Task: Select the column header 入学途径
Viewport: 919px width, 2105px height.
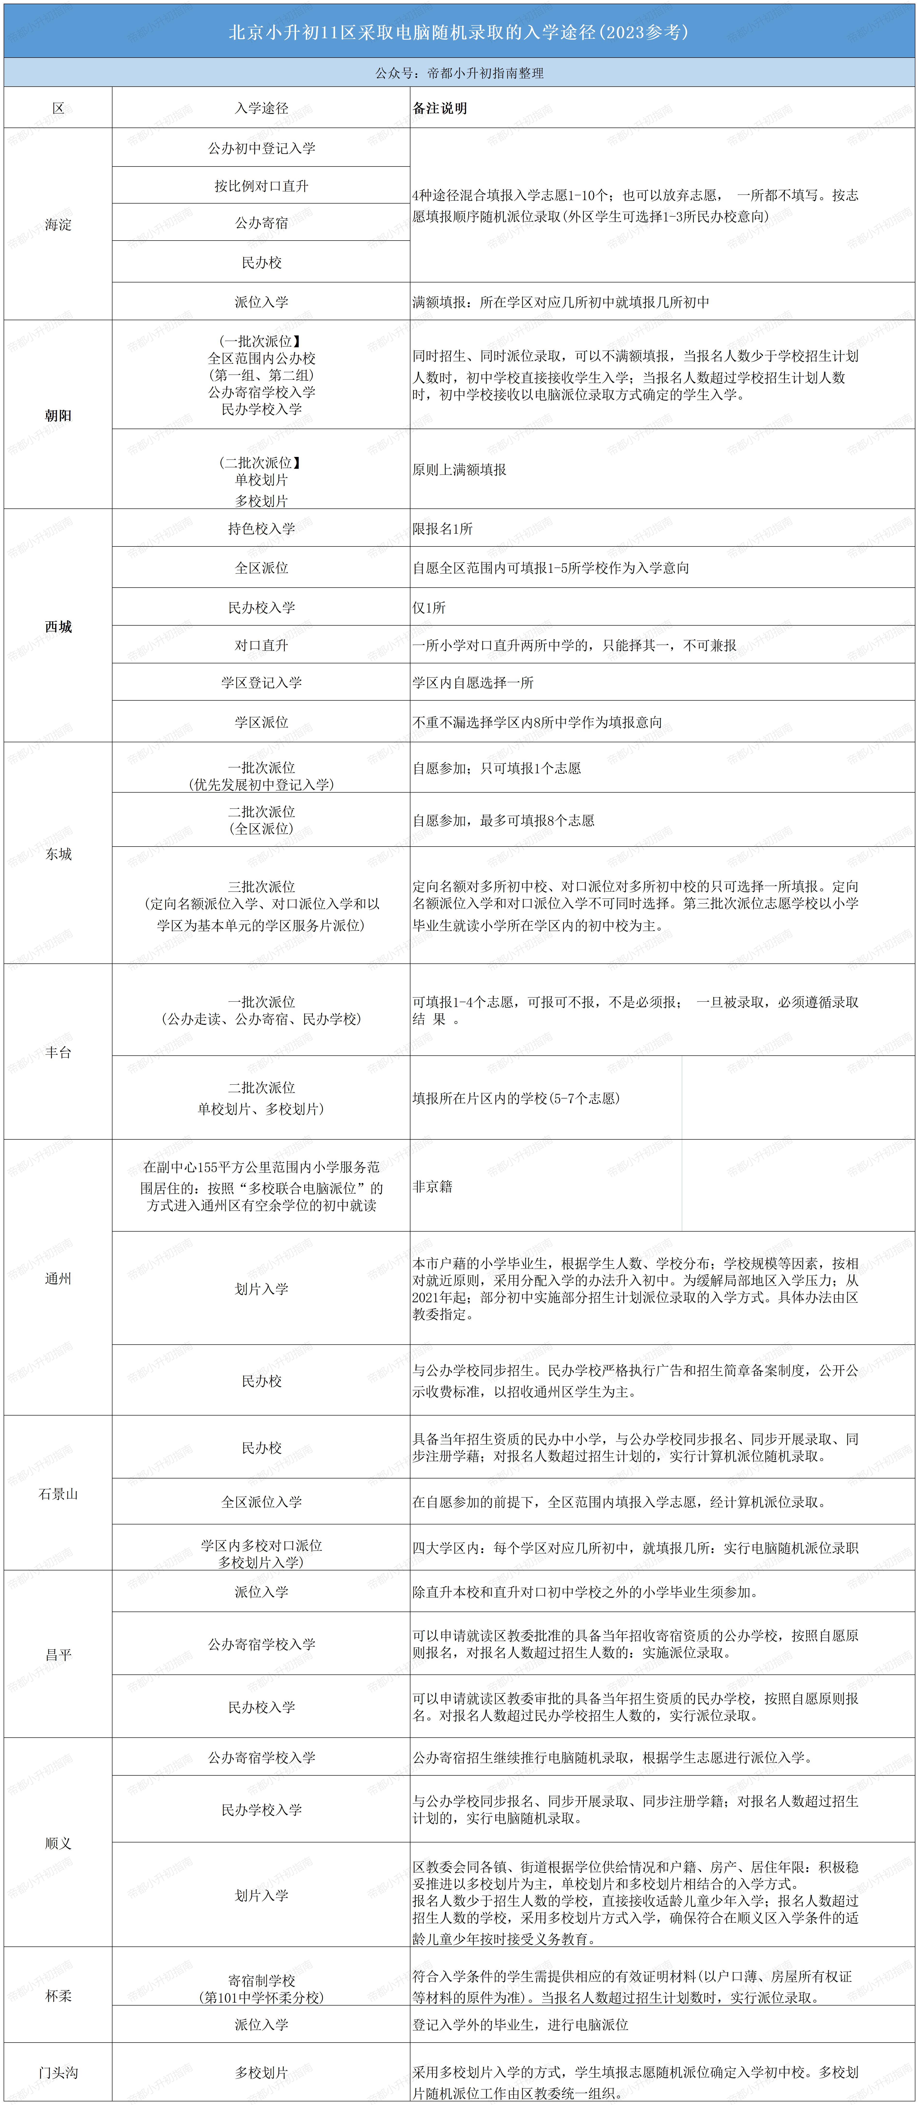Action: [261, 108]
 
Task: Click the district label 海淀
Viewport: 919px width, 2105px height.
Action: [58, 224]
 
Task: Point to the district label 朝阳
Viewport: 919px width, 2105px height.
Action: [58, 415]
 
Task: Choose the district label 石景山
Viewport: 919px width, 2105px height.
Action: [58, 1493]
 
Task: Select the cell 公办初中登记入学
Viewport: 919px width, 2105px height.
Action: [261, 148]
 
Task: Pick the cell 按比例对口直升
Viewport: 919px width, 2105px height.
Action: [261, 185]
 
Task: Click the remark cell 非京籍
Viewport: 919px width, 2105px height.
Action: [432, 1186]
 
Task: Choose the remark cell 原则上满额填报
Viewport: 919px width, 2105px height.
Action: [459, 469]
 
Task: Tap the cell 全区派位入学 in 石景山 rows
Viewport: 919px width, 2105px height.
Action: [261, 1501]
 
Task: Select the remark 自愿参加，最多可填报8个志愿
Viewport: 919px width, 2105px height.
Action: [503, 820]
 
